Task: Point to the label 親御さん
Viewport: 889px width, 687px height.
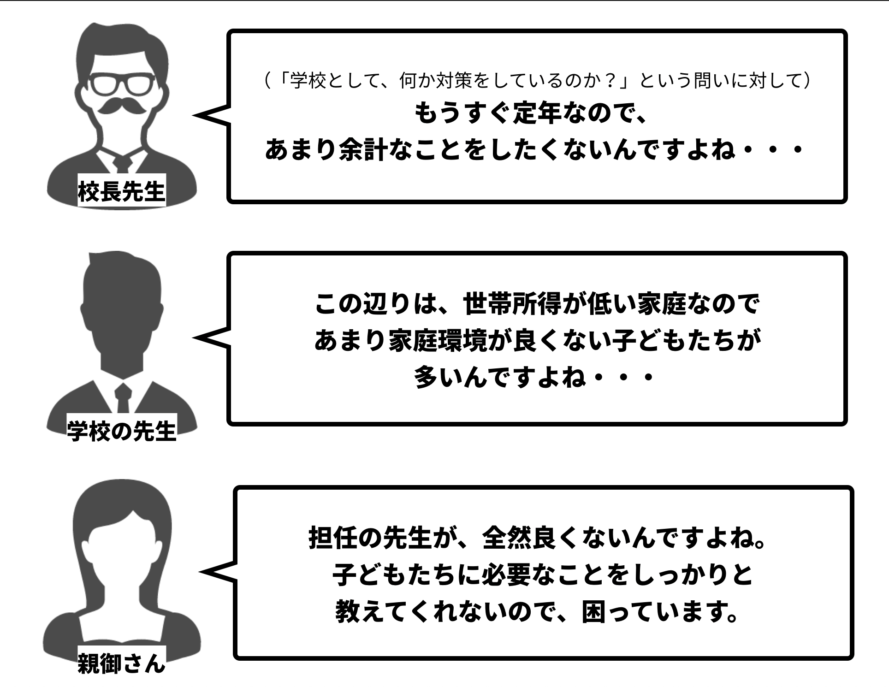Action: pyautogui.click(x=122, y=664)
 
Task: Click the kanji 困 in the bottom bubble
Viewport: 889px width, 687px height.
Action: pyautogui.click(x=594, y=611)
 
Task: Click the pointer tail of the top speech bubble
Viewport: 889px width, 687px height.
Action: pyautogui.click(x=210, y=115)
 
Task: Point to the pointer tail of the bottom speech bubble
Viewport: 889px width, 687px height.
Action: pyautogui.click(x=217, y=572)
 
